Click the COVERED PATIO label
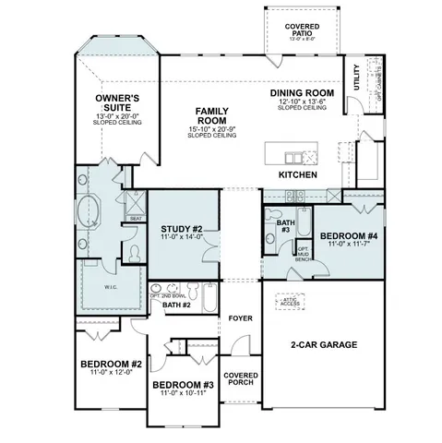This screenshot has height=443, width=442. pyautogui.click(x=302, y=30)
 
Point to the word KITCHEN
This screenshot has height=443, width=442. pyautogui.click(x=298, y=174)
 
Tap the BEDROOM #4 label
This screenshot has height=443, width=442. pyautogui.click(x=347, y=236)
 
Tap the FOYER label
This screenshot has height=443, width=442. pyautogui.click(x=240, y=318)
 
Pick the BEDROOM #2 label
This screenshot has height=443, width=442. pyautogui.click(x=109, y=364)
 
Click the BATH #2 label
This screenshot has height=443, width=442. pyautogui.click(x=176, y=304)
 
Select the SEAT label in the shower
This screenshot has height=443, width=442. pyautogui.click(x=135, y=219)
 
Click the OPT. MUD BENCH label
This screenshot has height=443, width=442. pyautogui.click(x=303, y=253)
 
